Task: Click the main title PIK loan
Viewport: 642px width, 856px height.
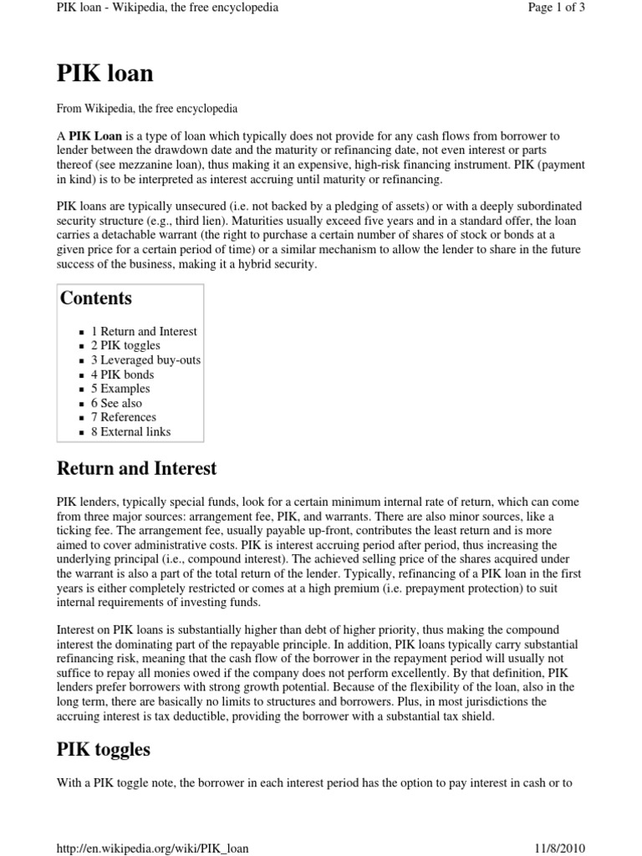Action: pyautogui.click(x=104, y=74)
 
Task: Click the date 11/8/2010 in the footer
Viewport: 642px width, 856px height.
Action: pyautogui.click(x=555, y=847)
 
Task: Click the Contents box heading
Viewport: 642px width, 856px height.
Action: pyautogui.click(x=95, y=298)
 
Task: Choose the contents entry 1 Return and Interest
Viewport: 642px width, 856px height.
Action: pyautogui.click(x=144, y=332)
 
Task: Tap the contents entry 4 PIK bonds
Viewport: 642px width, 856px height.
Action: pyautogui.click(x=123, y=374)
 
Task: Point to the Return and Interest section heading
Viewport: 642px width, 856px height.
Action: pyautogui.click(x=136, y=468)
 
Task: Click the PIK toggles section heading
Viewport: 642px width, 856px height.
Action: pyautogui.click(x=104, y=749)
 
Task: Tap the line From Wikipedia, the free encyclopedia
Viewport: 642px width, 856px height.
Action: pyautogui.click(x=147, y=109)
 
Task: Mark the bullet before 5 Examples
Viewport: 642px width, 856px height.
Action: pyautogui.click(x=82, y=390)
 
